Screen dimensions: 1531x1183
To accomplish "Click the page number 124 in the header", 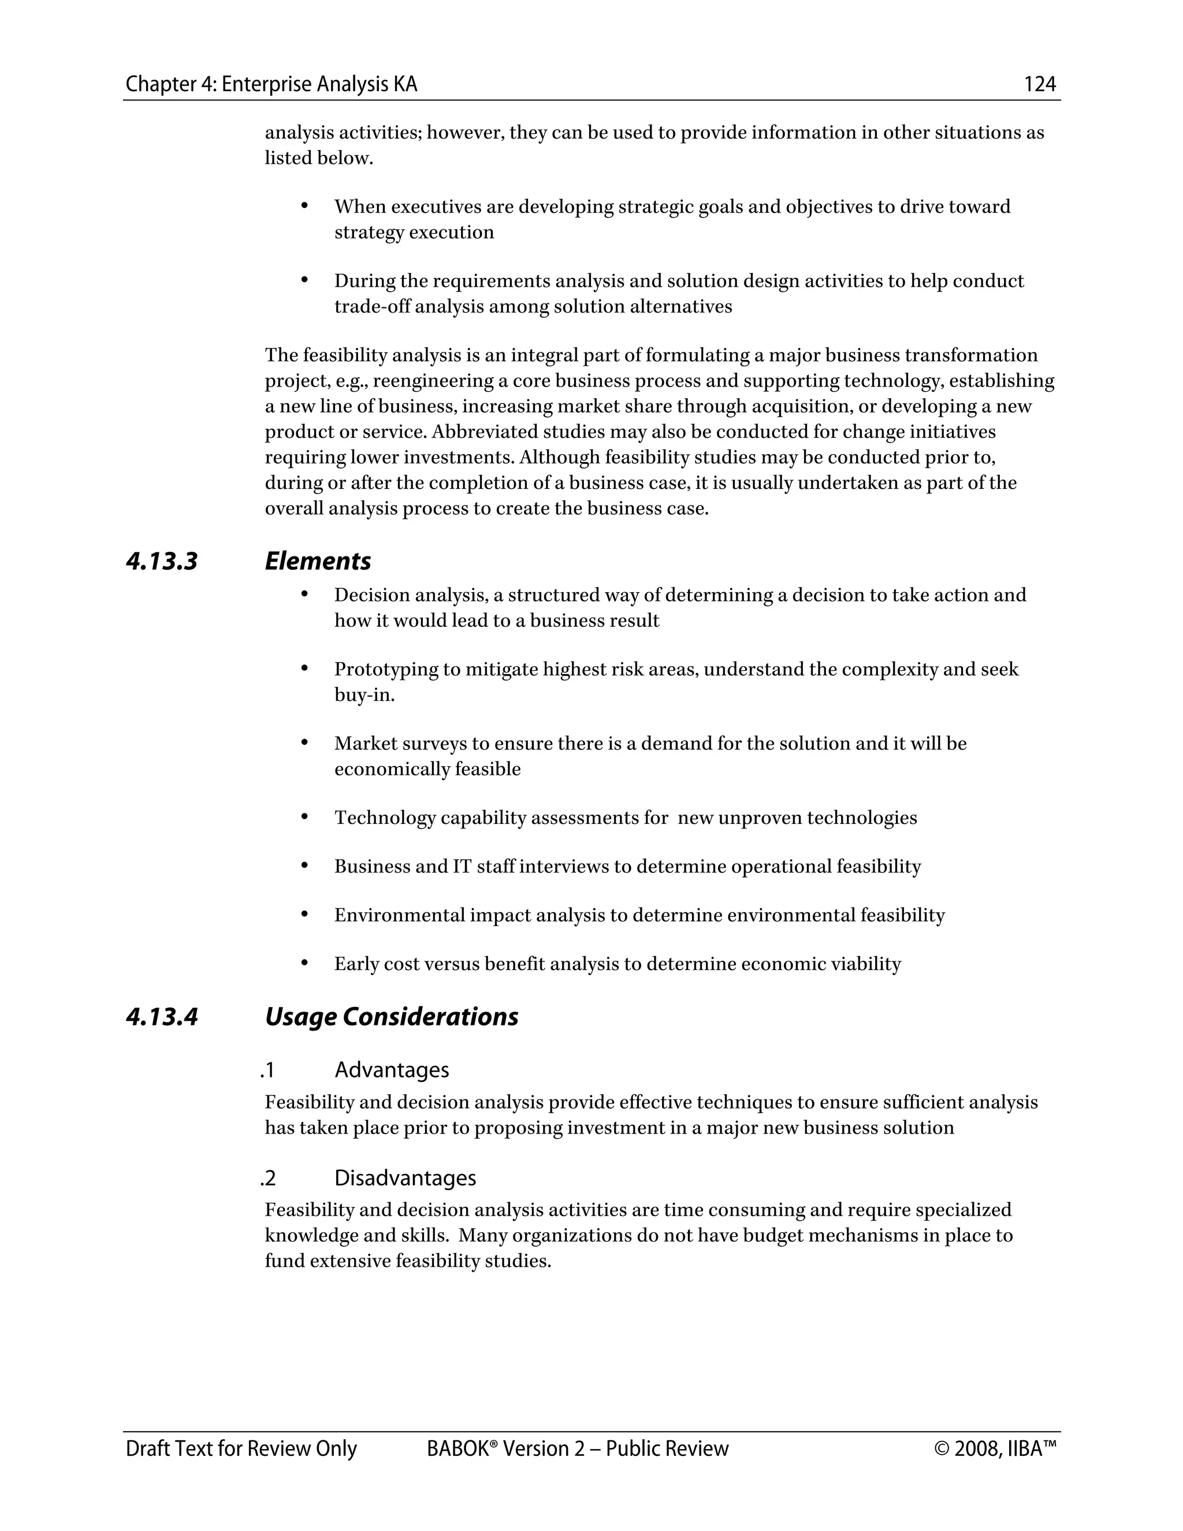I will (1039, 85).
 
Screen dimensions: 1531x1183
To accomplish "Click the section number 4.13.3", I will (162, 562).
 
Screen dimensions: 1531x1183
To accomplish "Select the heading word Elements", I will (318, 562).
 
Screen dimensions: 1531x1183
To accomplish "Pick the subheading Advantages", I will (391, 1070).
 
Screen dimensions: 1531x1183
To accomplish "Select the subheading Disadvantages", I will (404, 1177).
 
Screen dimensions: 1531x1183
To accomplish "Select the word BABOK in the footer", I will (457, 1449).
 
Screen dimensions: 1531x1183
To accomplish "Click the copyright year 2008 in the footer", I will (977, 1449).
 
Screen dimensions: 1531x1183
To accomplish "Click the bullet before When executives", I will (304, 206).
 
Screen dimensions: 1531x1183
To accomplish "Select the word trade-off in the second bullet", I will (372, 307).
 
